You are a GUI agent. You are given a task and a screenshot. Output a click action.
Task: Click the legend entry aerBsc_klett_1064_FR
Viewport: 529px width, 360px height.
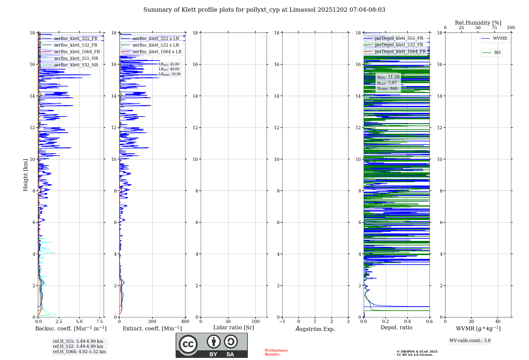point(77,52)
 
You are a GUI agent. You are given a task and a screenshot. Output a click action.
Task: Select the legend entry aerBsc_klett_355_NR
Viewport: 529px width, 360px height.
point(76,58)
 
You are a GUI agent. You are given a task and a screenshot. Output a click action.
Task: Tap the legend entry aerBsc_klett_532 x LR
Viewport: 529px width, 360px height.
point(156,45)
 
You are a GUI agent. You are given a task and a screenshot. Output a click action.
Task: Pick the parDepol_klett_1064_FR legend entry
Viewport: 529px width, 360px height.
point(400,52)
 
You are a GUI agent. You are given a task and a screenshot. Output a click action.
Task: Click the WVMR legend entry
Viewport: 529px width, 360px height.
point(500,38)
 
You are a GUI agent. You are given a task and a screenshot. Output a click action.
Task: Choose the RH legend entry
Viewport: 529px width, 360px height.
point(497,53)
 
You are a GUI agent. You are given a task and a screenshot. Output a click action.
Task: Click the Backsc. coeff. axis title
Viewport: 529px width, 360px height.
point(71,328)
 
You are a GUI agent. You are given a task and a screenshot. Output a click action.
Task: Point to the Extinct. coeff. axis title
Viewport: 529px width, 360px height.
point(152,328)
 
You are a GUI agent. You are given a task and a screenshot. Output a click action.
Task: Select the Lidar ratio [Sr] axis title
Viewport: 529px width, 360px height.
point(234,328)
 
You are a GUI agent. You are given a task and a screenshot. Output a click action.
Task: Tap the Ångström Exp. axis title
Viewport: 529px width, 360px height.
point(315,329)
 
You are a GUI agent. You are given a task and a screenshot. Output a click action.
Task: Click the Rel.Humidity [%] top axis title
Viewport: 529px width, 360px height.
point(478,23)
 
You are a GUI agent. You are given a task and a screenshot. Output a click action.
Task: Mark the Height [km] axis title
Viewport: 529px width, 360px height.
point(25,175)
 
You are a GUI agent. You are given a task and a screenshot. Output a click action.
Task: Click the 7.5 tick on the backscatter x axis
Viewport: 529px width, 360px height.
point(100,322)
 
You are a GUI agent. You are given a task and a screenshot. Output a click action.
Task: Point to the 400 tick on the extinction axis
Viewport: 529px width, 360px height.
point(185,322)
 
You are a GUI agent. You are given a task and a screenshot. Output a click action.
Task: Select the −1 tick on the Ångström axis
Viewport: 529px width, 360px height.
point(282,322)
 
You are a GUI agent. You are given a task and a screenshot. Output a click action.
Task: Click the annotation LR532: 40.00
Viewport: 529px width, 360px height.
point(169,69)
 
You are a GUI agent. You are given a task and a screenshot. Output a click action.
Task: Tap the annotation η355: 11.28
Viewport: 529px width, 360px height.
point(388,77)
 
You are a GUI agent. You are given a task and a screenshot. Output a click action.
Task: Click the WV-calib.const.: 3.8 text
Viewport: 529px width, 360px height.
point(470,341)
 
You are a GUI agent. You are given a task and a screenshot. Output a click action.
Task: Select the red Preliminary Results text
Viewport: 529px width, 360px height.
point(276,352)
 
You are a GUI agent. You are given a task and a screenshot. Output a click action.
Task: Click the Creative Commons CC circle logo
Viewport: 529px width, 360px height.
point(188,344)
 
